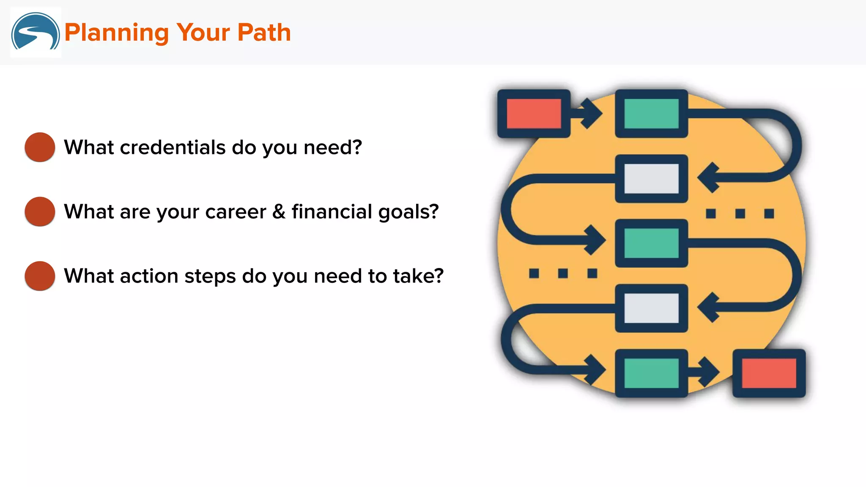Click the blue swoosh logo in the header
click(x=36, y=32)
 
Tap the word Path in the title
click(x=264, y=33)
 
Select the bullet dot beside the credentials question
click(x=40, y=147)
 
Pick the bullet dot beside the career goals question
click(x=40, y=211)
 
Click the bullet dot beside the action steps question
click(x=40, y=276)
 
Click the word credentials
click(x=173, y=148)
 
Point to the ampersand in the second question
click(x=279, y=211)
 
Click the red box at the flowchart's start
click(x=534, y=113)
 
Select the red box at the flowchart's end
click(x=769, y=373)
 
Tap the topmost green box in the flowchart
click(x=651, y=113)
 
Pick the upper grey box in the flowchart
click(x=651, y=178)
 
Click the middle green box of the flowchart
click(x=651, y=243)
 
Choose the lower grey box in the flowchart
click(x=651, y=308)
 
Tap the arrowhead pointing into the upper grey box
click(x=709, y=178)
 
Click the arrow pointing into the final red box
click(x=706, y=372)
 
